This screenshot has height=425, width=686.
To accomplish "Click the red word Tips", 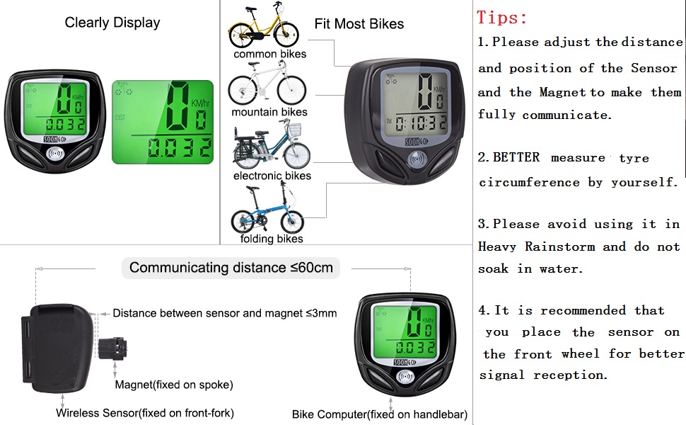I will click(x=501, y=18).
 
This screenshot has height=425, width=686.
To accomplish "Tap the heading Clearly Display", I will click(x=112, y=23).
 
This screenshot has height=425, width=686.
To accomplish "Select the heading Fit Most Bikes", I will click(x=359, y=23).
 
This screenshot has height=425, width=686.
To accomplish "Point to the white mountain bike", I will click(x=267, y=84).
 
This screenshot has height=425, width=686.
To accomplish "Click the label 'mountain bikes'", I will click(x=269, y=112).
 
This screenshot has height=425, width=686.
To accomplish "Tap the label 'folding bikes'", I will click(x=271, y=239).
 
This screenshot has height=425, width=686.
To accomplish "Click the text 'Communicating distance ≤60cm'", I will click(x=231, y=268).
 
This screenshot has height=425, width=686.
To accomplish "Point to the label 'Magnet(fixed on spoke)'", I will click(x=174, y=385).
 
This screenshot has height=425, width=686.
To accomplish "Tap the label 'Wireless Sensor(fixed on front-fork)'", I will click(x=144, y=413).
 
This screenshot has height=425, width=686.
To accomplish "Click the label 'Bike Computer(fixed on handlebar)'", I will click(x=380, y=414).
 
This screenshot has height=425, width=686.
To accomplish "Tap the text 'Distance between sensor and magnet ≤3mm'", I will click(x=224, y=313).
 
